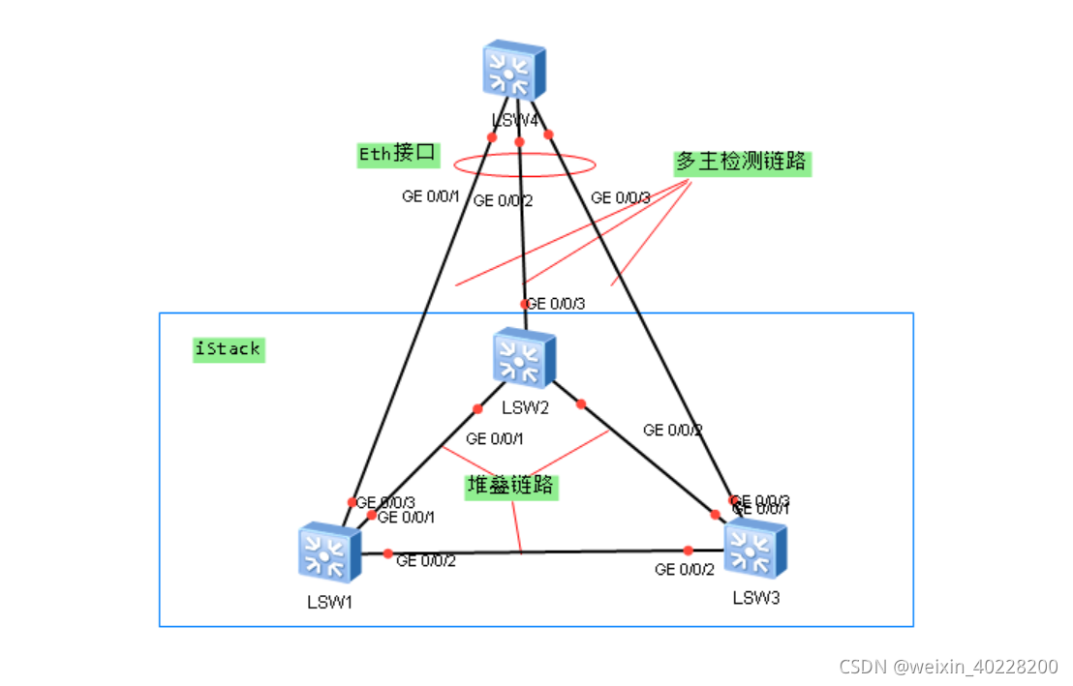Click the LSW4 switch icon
click(515, 70)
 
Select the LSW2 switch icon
click(523, 359)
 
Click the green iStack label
click(228, 349)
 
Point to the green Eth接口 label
click(399, 154)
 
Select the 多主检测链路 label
click(741, 162)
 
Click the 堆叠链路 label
click(510, 485)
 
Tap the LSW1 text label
click(330, 602)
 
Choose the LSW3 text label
click(755, 597)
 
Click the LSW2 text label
click(525, 407)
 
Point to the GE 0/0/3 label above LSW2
click(556, 304)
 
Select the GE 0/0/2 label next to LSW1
click(426, 560)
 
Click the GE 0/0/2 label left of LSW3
click(685, 570)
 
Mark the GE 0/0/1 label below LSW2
click(495, 439)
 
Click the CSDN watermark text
click(948, 667)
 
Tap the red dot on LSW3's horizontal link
click(689, 551)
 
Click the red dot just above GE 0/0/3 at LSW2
click(525, 303)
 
